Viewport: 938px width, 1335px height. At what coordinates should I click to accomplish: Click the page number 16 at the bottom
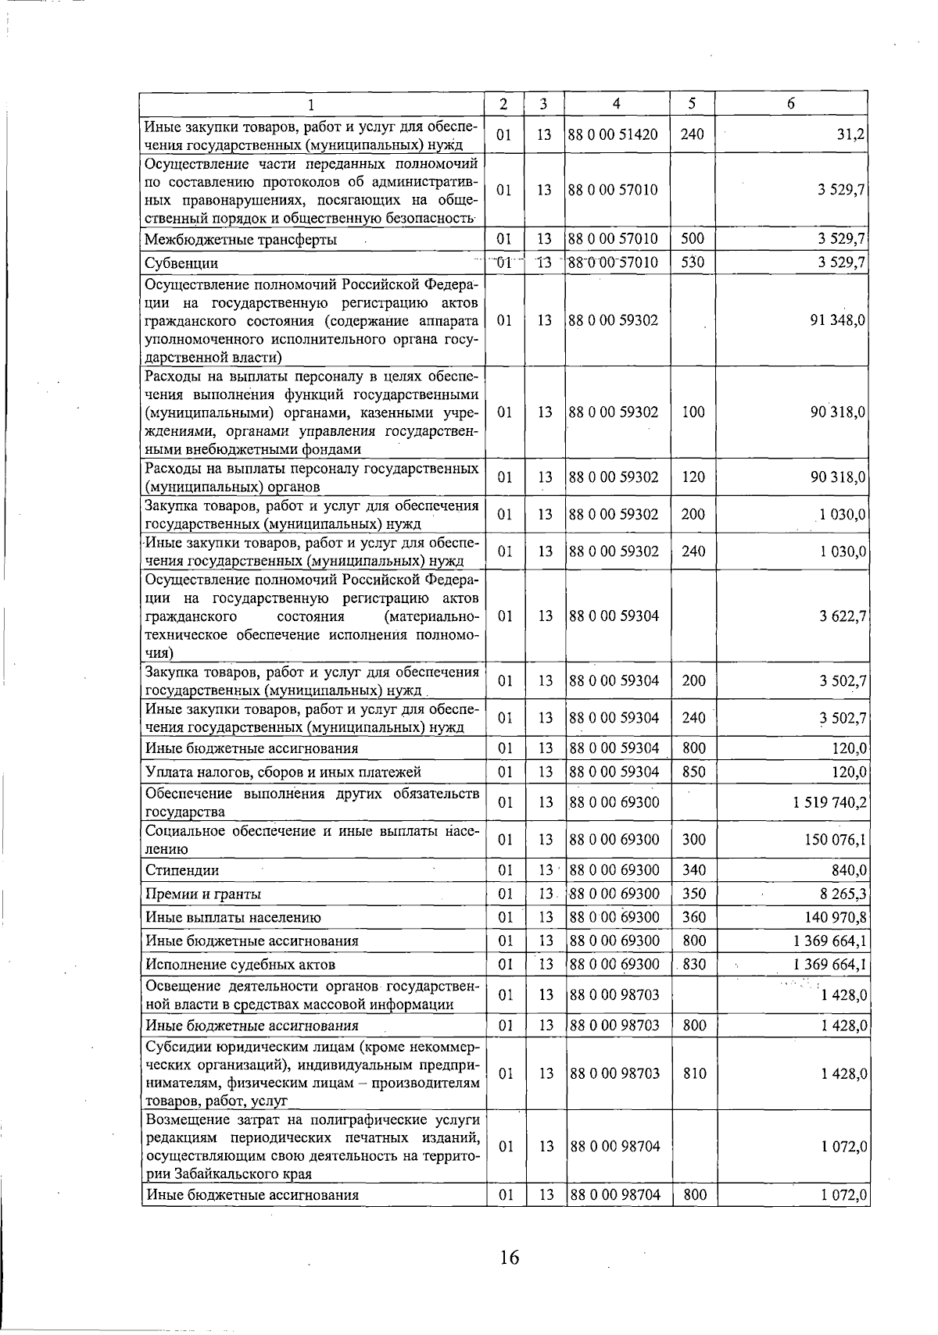coord(510,1258)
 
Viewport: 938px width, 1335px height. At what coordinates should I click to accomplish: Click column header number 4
coord(617,103)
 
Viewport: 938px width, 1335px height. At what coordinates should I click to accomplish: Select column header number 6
coord(791,103)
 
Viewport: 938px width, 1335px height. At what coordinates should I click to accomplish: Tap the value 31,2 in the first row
coord(850,134)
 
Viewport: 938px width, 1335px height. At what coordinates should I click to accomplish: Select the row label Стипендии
coord(182,870)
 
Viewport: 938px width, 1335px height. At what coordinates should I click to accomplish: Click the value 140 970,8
coord(836,917)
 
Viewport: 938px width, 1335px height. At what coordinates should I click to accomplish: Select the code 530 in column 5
coord(693,262)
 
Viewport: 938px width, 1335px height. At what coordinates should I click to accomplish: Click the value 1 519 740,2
coord(829,802)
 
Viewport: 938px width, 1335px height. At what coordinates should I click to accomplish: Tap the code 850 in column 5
coord(693,772)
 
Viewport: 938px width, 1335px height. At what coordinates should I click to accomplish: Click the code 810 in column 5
coord(693,1073)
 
